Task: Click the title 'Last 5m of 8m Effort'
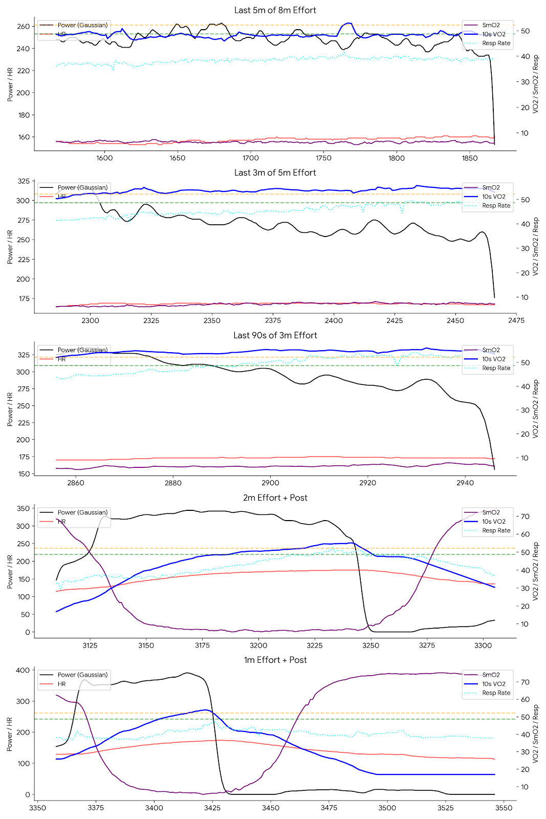point(275,10)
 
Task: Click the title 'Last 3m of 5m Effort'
point(275,173)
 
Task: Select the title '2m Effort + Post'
point(275,498)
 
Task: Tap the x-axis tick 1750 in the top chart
point(323,158)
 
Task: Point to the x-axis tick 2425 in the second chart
point(395,320)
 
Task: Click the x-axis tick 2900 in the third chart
point(271,483)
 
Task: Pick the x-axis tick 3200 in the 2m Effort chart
point(258,645)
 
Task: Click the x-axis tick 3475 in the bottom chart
point(329,808)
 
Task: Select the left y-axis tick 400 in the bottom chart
point(24,670)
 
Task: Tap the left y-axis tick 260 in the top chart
point(24,26)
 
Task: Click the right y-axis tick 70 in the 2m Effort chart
point(525,516)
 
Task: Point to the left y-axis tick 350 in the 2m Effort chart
point(24,508)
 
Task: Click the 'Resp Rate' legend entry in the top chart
point(496,44)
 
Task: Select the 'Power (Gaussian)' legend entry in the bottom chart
point(82,675)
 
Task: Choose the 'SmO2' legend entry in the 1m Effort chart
point(491,675)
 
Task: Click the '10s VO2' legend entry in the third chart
point(493,359)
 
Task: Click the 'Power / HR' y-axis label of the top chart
point(10,84)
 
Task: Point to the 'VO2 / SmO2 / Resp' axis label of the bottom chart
point(536,734)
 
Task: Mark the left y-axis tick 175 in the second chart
point(24,298)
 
